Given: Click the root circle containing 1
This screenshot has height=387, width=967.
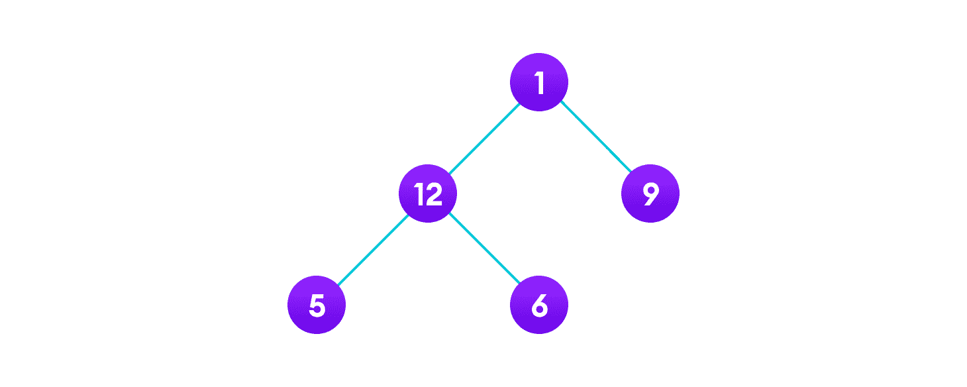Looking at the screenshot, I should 538,82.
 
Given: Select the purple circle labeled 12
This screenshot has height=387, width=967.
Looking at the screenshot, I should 428,193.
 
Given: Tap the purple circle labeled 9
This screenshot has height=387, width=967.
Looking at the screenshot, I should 650,193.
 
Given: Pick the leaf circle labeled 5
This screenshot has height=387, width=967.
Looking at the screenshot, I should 317,305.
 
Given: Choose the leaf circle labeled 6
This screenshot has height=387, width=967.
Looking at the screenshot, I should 538,305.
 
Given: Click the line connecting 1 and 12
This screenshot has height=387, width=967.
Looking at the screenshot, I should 483,138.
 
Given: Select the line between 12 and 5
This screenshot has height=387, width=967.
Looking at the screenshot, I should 372,249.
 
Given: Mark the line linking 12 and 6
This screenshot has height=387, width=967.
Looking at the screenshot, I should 483,249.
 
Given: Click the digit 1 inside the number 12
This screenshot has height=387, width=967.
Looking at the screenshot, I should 419,194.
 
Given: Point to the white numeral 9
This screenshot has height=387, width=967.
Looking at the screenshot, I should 650,193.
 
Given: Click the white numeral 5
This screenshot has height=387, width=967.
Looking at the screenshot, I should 317,305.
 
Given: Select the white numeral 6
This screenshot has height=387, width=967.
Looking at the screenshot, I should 539,305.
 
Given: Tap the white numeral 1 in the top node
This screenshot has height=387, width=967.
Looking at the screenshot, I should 539,83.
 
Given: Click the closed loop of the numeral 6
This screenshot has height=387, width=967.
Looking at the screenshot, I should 539,309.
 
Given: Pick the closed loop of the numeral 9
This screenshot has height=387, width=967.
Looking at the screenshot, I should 650,190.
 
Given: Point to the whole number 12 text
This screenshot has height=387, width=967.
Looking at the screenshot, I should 428,194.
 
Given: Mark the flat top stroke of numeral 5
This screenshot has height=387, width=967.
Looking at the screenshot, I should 318,296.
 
